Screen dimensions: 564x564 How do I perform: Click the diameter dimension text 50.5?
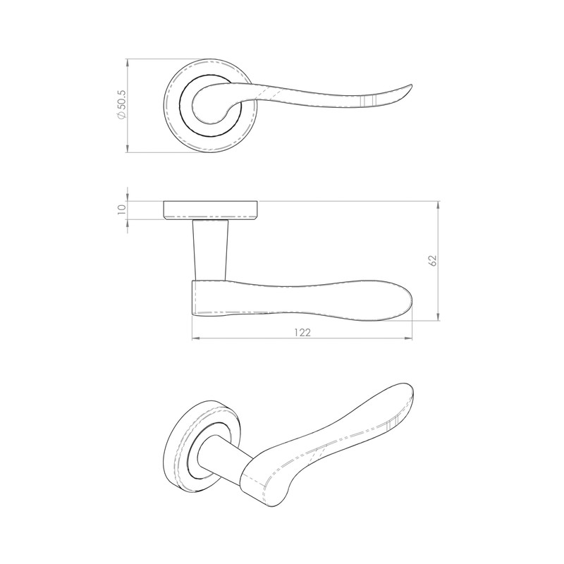[121, 106]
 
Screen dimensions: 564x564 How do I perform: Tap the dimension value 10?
[121, 209]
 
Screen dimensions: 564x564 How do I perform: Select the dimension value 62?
[433, 259]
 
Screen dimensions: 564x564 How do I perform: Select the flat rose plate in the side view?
[211, 210]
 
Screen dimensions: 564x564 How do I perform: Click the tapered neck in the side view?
[210, 247]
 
